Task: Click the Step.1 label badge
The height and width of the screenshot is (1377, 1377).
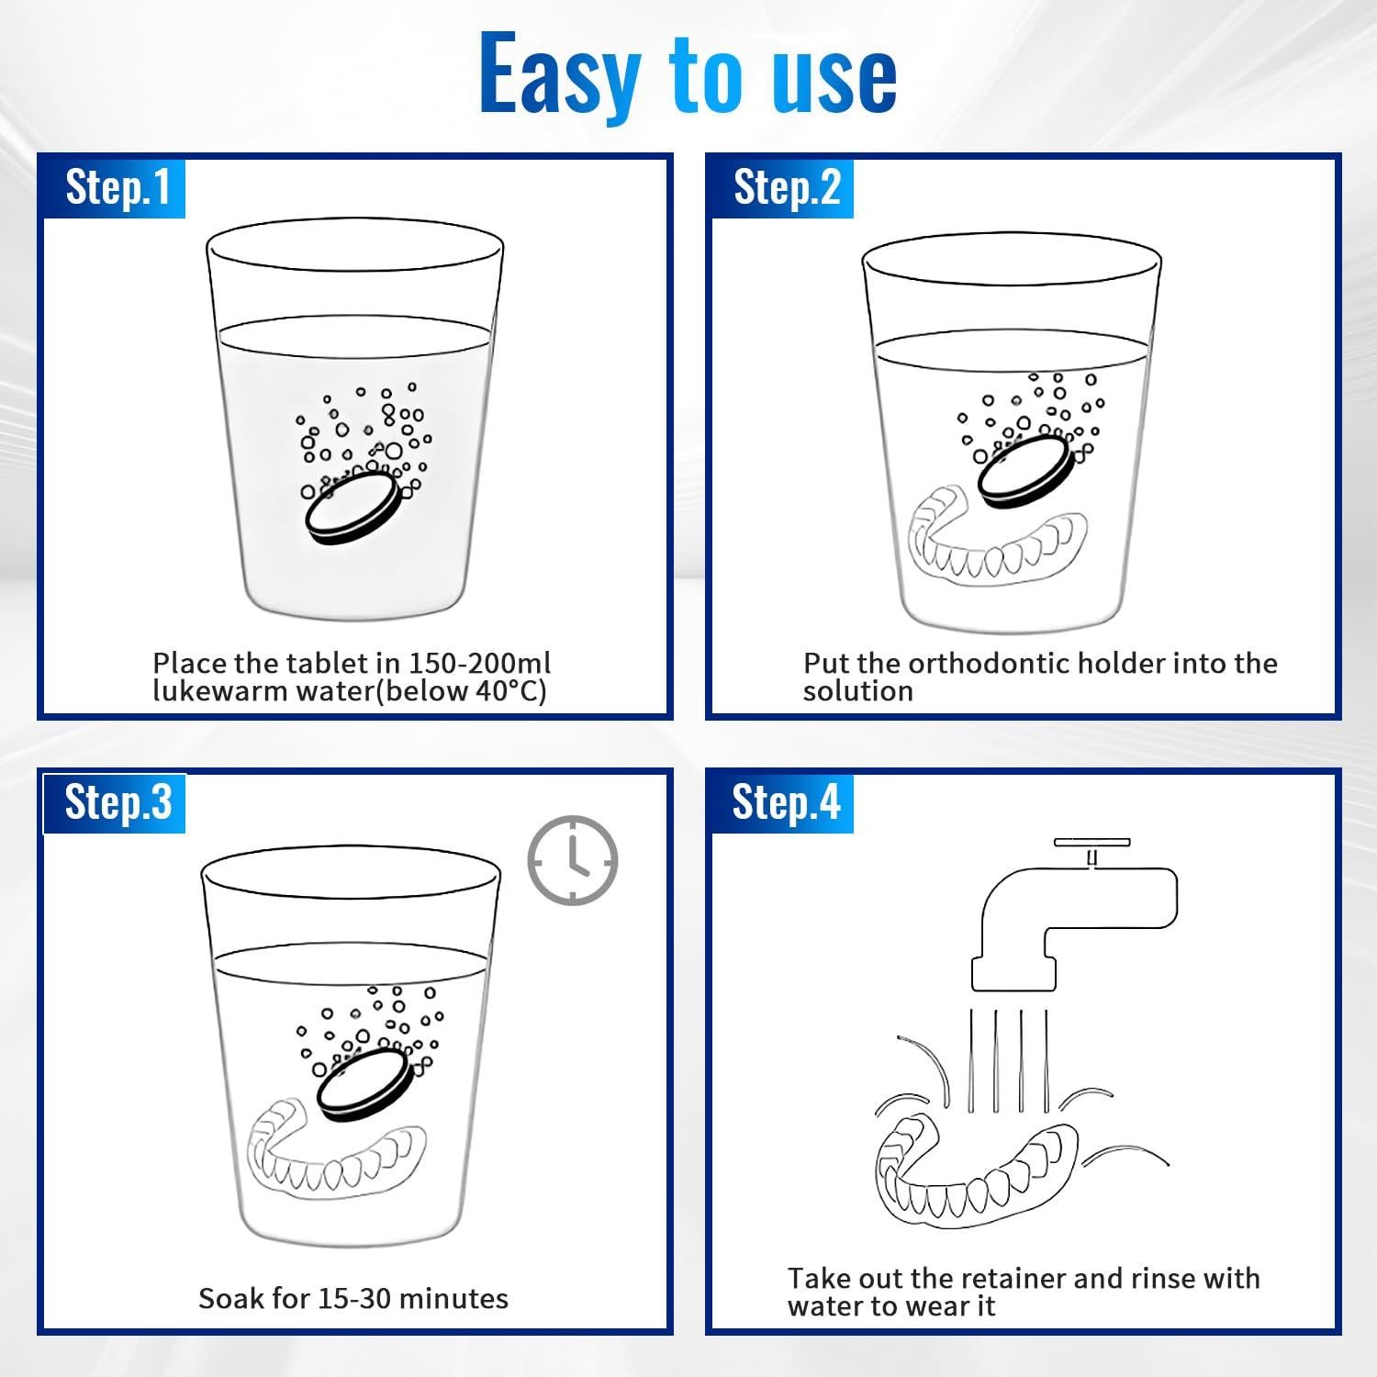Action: (114, 187)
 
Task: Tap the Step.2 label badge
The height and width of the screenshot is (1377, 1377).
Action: (782, 187)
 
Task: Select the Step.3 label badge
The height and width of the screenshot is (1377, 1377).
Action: (114, 803)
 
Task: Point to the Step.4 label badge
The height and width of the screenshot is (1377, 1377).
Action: (782, 803)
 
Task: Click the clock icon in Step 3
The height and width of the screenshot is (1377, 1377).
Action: (573, 860)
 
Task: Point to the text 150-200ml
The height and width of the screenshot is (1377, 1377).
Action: (479, 663)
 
